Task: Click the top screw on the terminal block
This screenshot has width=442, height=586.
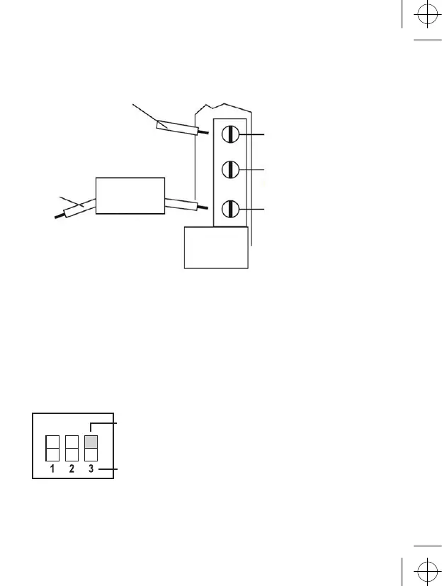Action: point(229,133)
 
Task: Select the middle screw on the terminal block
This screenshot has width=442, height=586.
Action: point(229,170)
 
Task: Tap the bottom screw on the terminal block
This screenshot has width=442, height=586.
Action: point(229,209)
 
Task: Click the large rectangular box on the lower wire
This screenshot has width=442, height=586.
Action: point(130,195)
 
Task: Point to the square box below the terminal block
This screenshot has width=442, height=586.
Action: point(216,247)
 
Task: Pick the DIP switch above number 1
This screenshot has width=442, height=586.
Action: point(52,447)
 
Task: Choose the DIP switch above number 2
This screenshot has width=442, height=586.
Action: point(72,447)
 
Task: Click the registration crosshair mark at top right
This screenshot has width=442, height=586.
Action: point(425,18)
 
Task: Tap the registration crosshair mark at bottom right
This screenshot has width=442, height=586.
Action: point(425,568)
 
